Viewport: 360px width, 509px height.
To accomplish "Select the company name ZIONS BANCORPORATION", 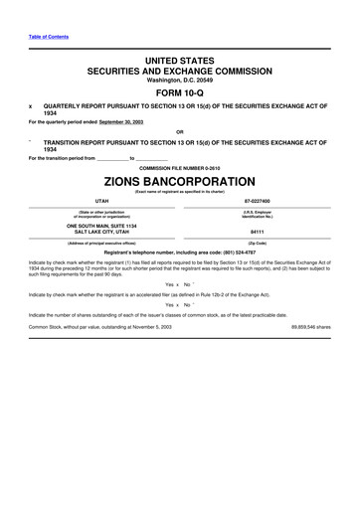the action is coord(179,183).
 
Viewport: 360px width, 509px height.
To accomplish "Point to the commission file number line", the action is coord(179,168).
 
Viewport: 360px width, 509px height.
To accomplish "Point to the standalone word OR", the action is coord(179,132).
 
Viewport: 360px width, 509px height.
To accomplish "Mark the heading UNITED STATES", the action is coord(179,62).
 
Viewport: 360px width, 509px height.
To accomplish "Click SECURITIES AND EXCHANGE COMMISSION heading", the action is coord(179,74).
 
